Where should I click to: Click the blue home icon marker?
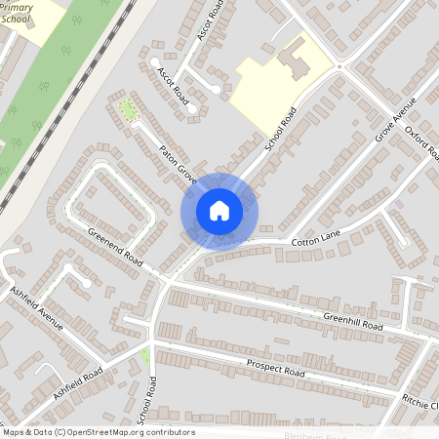(219, 210)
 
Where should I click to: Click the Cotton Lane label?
(313, 240)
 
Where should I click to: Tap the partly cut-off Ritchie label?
(420, 401)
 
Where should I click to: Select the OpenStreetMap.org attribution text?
(98, 432)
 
